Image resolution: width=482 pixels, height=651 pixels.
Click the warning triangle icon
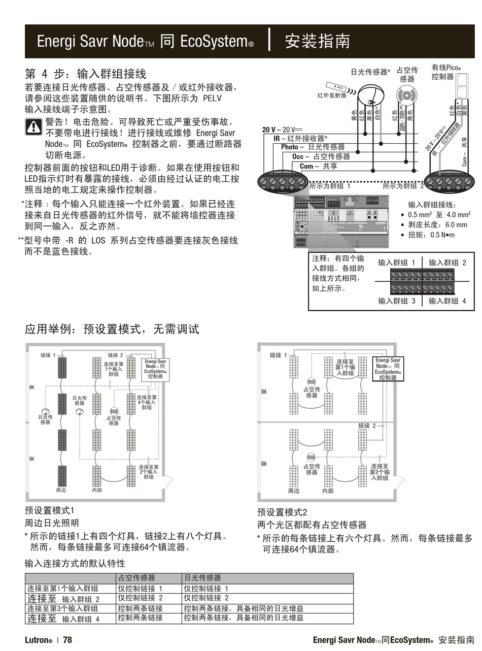click(x=33, y=126)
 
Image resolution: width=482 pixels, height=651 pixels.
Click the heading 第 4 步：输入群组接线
click(x=85, y=74)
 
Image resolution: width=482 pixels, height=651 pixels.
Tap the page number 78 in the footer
click(x=67, y=640)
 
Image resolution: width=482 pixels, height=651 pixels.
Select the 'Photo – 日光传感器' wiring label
click(x=313, y=147)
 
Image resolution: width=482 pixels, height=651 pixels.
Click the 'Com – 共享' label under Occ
click(x=318, y=166)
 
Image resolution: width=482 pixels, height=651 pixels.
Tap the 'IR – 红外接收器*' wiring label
click(x=300, y=138)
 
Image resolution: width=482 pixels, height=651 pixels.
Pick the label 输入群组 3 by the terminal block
click(x=397, y=301)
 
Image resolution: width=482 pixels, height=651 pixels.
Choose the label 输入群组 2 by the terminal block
click(x=447, y=263)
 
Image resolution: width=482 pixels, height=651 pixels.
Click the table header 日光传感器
click(x=202, y=578)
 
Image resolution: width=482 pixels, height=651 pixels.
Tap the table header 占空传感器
click(x=136, y=578)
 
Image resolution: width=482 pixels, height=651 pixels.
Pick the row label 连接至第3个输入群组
click(x=62, y=608)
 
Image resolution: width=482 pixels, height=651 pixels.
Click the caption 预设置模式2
click(x=282, y=512)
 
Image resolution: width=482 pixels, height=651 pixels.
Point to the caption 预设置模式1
click(x=50, y=510)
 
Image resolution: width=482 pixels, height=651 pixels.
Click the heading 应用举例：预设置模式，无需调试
click(x=112, y=329)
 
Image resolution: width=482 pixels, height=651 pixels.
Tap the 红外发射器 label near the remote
click(x=332, y=95)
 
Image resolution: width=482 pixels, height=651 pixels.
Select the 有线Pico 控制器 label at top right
click(x=446, y=72)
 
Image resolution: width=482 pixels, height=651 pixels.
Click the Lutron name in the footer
click(x=38, y=640)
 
